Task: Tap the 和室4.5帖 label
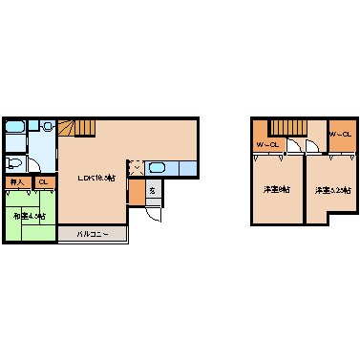[30, 216]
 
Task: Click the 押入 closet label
[16, 181]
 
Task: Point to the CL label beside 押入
[43, 181]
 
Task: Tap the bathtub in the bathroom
[14, 128]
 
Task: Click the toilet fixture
[16, 162]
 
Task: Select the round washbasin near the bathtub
[46, 125]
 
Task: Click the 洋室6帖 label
[277, 190]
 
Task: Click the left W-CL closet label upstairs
[267, 145]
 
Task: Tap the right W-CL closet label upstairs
[341, 135]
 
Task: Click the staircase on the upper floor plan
[286, 127]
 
